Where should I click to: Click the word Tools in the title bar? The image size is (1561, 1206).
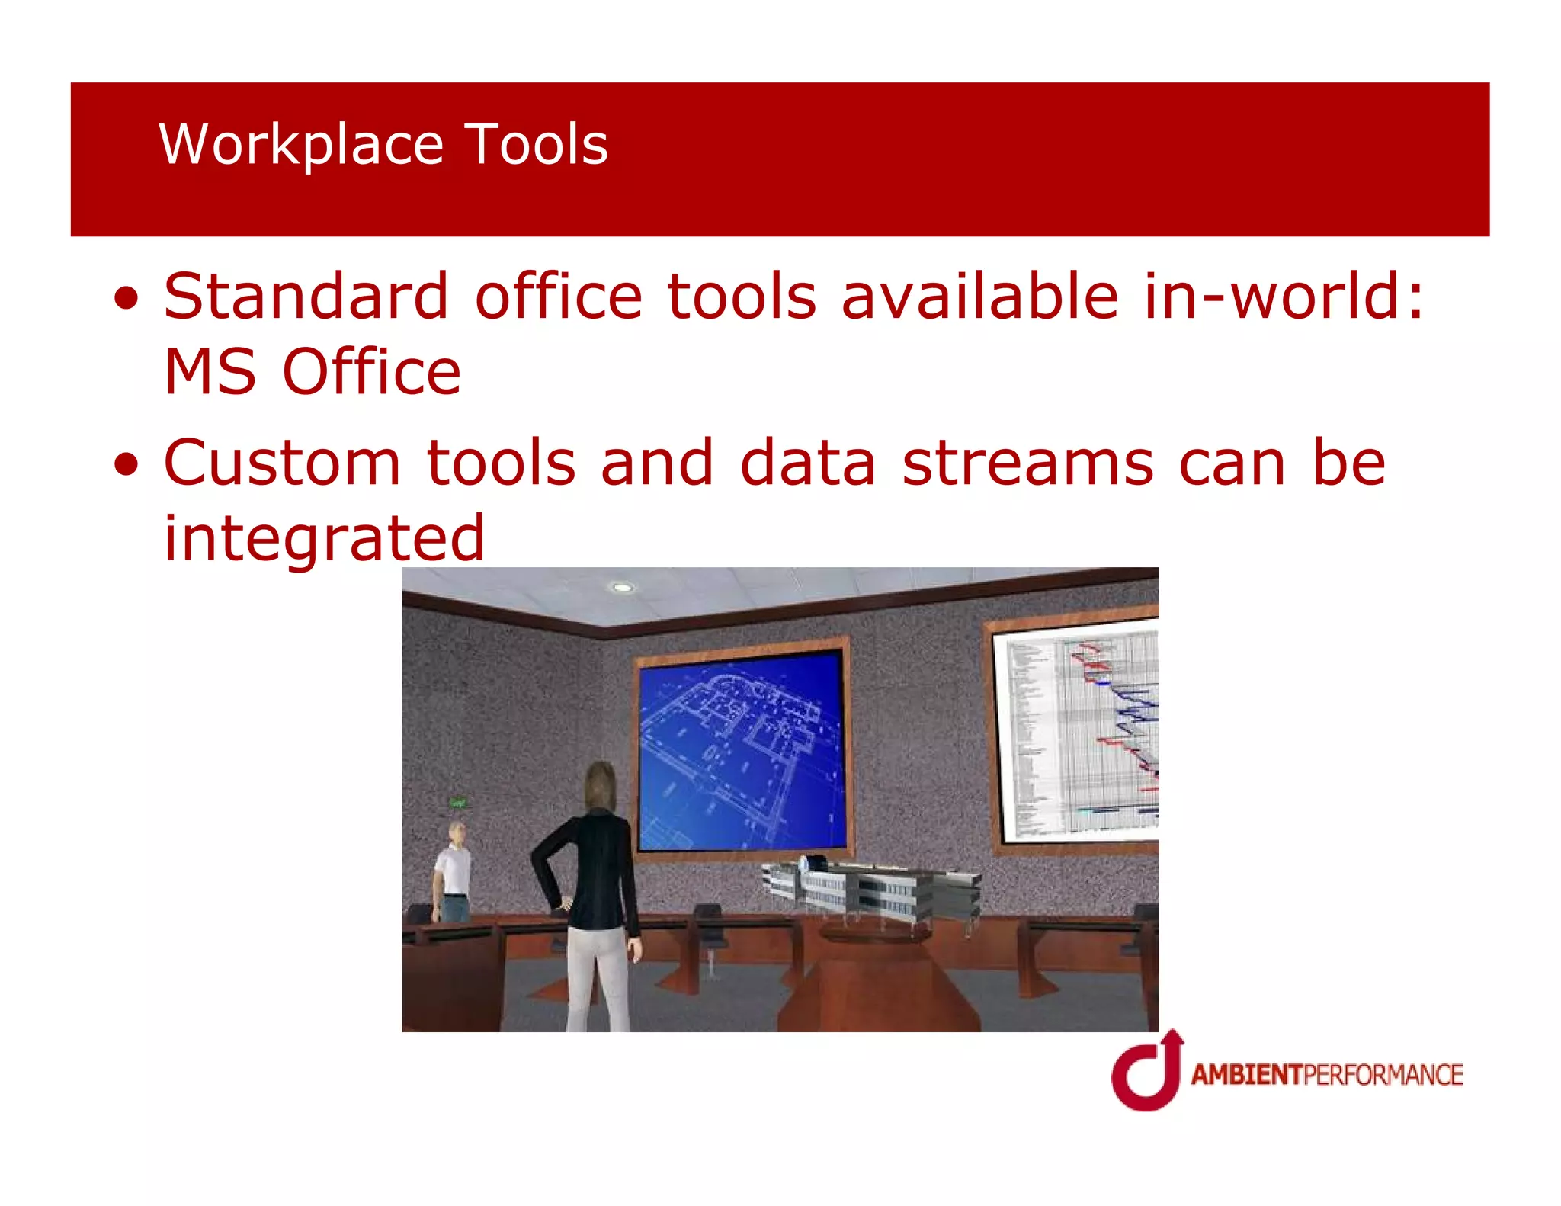tap(536, 145)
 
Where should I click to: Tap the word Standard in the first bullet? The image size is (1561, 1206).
tap(306, 296)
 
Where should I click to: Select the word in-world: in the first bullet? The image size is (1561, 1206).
tap(1284, 296)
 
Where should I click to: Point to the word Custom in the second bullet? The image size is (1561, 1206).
tap(282, 463)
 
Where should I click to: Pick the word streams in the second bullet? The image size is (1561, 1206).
tap(1027, 463)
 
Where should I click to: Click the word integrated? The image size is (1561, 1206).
tap(324, 538)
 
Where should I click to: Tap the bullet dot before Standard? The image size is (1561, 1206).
tap(127, 300)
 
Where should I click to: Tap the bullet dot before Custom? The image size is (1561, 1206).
tap(127, 466)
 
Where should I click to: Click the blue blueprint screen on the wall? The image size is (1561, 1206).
tap(742, 751)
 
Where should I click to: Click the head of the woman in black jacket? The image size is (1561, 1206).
tap(601, 785)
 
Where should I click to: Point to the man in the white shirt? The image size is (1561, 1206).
tap(454, 869)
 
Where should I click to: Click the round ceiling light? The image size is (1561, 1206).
tap(623, 587)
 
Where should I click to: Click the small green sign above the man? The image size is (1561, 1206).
tap(458, 802)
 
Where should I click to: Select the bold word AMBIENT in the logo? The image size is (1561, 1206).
tap(1247, 1075)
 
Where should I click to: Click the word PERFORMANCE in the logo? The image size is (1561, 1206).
tap(1383, 1075)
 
